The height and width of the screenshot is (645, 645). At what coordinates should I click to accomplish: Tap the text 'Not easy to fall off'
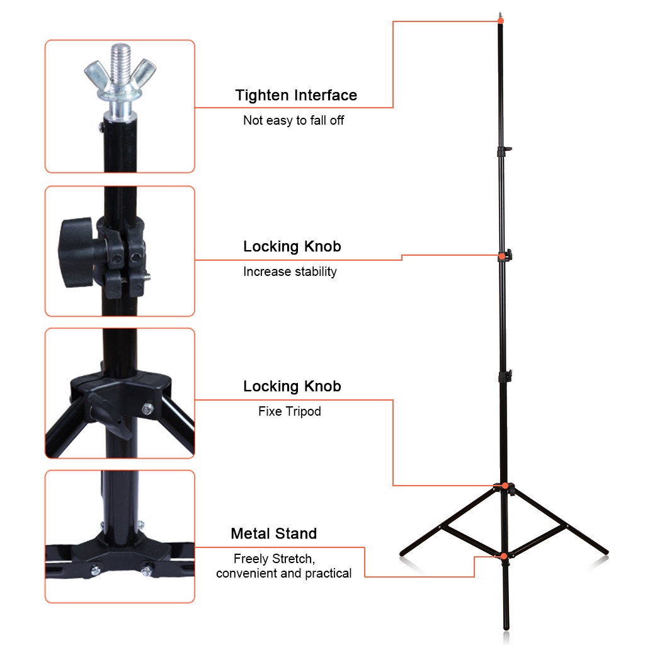point(294,120)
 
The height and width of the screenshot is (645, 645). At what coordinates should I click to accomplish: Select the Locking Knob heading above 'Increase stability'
point(292,246)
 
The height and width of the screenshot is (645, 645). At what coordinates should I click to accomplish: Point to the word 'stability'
point(316,271)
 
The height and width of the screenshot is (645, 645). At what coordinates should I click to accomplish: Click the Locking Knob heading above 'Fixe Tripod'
point(292,386)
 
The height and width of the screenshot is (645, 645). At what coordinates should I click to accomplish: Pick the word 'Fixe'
point(270,411)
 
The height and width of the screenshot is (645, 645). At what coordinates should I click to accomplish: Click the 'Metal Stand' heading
point(273,534)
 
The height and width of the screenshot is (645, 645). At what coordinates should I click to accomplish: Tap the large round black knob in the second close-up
point(76,252)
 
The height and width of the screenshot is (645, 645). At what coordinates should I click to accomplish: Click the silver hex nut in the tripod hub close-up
point(147,409)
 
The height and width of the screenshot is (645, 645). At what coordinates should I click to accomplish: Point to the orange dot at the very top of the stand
point(501,20)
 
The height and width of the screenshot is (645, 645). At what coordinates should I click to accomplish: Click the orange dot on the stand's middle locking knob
point(502,257)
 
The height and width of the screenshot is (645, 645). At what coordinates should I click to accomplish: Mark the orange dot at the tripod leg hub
point(505,486)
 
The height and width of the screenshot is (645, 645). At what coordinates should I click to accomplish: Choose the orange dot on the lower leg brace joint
point(504,556)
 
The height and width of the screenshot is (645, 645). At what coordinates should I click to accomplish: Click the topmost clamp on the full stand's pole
point(503,151)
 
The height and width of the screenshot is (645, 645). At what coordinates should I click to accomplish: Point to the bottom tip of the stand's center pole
point(506,628)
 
